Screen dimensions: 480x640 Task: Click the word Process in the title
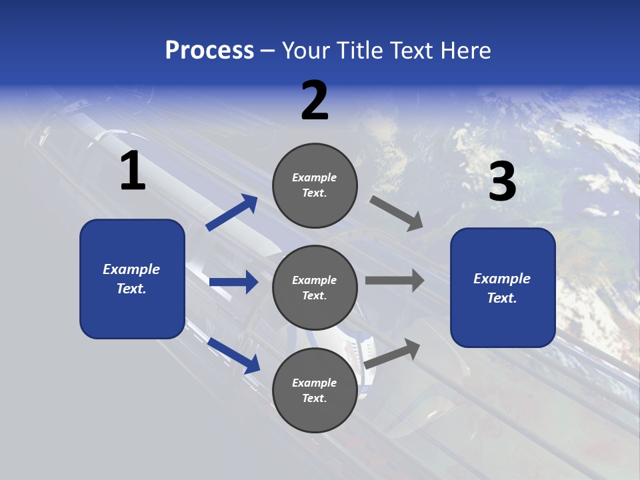point(209,51)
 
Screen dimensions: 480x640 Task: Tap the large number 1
point(133,171)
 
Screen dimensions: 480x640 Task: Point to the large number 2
point(315,101)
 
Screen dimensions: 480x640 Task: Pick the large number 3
point(503,182)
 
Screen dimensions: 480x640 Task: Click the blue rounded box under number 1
point(132,279)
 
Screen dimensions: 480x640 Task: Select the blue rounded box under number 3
point(503,288)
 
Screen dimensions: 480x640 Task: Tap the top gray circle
point(315,185)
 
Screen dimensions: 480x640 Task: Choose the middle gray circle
point(315,287)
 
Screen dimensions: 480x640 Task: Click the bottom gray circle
point(315,390)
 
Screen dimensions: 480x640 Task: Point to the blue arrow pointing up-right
point(232,213)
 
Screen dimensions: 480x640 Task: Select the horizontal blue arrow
point(233,282)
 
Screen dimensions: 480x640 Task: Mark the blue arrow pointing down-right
point(233,355)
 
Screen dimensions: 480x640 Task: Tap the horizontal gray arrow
point(394,280)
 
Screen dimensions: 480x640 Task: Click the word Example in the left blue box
point(131,269)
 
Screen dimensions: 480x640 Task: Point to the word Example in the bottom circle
point(315,383)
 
